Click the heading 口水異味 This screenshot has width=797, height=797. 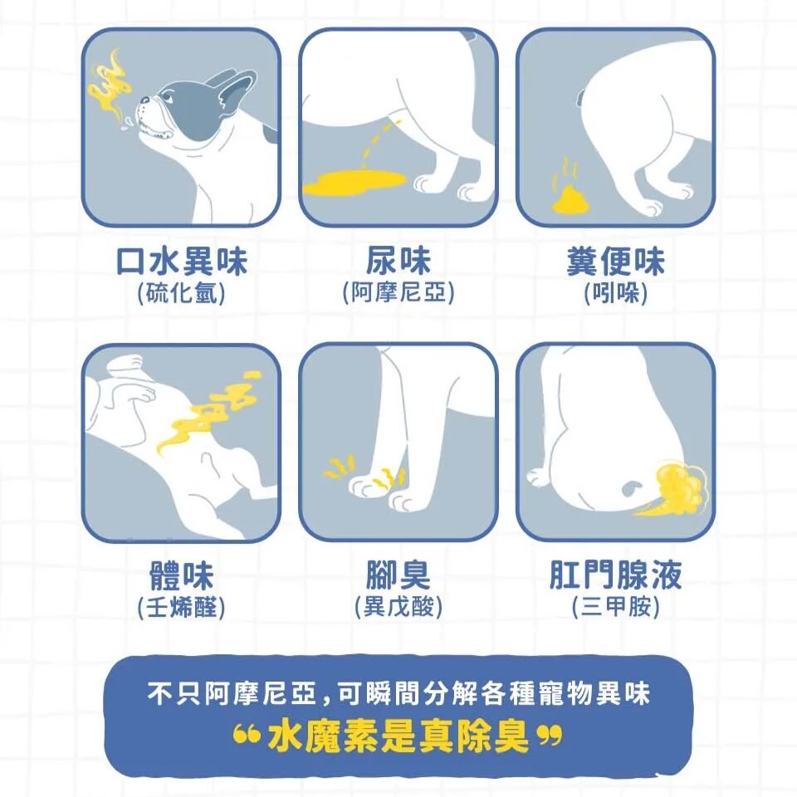182,262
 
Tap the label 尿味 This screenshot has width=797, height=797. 398,262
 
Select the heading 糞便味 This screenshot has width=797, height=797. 615,262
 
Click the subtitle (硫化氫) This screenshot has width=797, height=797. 182,293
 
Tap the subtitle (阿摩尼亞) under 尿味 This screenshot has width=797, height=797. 398,293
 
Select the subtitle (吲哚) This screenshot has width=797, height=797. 615,293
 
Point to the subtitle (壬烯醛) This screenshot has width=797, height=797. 182,608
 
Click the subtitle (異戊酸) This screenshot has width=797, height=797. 398,608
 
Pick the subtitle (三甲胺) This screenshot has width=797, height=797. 615,608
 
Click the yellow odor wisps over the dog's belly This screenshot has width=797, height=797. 208,411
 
